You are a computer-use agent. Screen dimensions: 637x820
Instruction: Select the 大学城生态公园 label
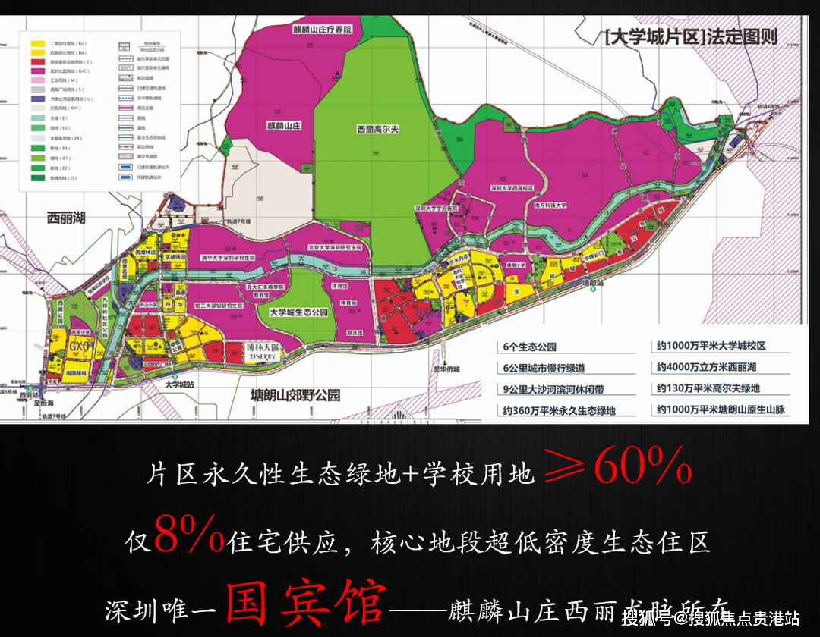pyautogui.click(x=298, y=312)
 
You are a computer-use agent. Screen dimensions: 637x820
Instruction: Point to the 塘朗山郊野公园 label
pyautogui.click(x=295, y=395)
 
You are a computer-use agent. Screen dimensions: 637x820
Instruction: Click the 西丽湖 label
pyautogui.click(x=66, y=218)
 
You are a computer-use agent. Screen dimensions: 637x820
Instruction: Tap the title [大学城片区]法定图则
pyautogui.click(x=690, y=36)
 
